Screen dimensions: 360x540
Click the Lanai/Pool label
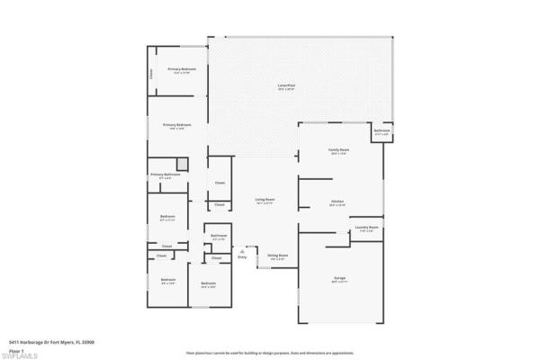click(x=287, y=86)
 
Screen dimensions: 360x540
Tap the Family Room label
click(x=338, y=149)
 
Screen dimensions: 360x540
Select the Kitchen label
click(x=338, y=202)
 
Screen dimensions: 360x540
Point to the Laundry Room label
click(x=366, y=228)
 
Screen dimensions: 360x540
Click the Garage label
click(x=339, y=278)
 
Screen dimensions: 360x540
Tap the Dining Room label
click(x=277, y=256)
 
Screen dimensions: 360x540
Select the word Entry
click(x=241, y=258)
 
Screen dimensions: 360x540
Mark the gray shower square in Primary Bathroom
click(x=182, y=163)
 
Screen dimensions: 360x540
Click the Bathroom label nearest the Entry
click(x=219, y=236)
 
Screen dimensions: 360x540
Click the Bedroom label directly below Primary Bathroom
click(x=167, y=217)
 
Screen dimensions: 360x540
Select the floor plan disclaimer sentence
click(x=269, y=355)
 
